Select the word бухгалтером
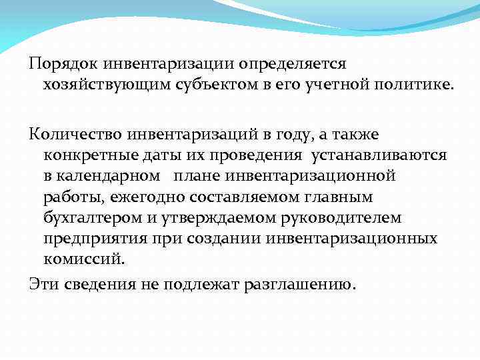coord(87,217)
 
